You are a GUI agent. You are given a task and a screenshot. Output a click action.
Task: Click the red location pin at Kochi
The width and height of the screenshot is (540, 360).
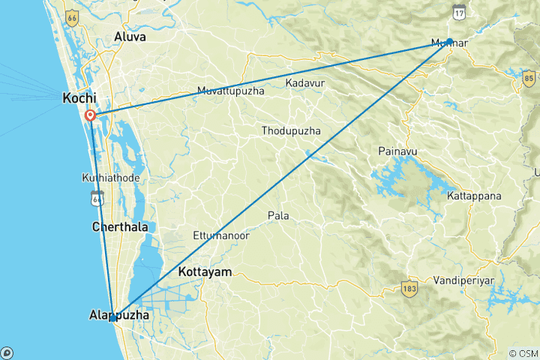[90, 115]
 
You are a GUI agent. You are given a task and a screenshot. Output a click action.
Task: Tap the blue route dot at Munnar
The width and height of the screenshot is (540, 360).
[449, 41]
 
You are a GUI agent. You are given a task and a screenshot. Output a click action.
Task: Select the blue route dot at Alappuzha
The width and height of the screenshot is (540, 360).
[112, 318]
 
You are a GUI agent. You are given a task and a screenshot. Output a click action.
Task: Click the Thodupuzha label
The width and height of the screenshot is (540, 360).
[291, 131]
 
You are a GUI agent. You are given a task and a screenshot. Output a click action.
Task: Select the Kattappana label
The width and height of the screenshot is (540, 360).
[473, 196]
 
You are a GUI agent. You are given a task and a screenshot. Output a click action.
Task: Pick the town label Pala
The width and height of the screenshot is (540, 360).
[278, 216]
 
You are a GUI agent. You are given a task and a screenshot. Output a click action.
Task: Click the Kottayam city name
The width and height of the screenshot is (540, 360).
[205, 271]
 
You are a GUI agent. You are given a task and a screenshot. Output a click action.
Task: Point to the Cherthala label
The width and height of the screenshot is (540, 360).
[119, 226]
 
